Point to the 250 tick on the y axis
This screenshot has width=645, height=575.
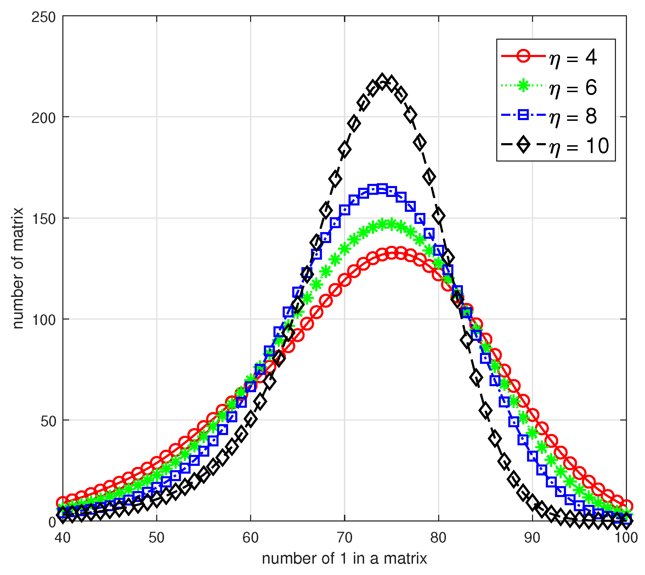pos(44,17)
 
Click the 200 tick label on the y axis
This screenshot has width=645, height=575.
pos(44,118)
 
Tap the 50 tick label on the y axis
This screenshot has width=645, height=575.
pos(48,421)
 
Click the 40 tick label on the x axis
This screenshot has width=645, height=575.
pos(63,538)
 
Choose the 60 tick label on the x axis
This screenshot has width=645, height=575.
pos(250,538)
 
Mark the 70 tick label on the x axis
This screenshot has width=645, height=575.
pos(344,538)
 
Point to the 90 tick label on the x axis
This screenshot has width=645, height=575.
pos(532,538)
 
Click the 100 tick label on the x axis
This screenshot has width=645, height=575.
pos(626,538)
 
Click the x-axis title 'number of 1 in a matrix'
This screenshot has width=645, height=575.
pos(344,559)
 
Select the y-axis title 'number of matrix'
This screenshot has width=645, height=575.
pos(18,268)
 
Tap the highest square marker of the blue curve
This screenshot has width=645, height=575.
pos(382,189)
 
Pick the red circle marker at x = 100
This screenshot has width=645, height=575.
pos(626,506)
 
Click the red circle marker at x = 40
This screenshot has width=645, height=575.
pos(63,502)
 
